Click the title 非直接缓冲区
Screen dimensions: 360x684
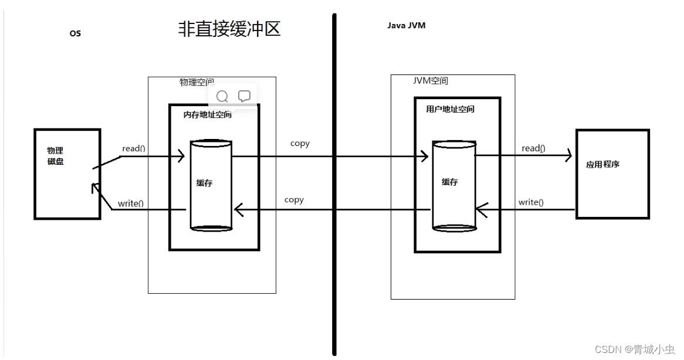pos(229,29)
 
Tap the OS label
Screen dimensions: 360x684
pos(75,34)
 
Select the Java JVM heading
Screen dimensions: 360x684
pos(407,26)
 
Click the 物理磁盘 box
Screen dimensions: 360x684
pos(67,174)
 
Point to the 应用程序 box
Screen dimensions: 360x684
pos(612,174)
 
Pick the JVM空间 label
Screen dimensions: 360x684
pos(431,81)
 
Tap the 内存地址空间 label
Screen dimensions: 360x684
pos(208,115)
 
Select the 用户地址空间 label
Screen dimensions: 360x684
pos(450,109)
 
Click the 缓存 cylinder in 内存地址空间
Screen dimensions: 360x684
pos(211,185)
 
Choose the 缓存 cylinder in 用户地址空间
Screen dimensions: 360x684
pos(453,185)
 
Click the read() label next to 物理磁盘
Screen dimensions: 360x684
pos(134,148)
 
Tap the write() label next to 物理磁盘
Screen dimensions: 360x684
pos(131,203)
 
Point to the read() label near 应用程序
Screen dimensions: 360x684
pos(533,148)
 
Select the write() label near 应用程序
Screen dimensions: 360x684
pos(531,202)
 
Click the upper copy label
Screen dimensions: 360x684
pos(300,143)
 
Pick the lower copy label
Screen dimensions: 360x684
pos(294,200)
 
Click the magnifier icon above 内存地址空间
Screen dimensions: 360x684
pos(222,96)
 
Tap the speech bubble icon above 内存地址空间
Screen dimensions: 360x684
pos(244,96)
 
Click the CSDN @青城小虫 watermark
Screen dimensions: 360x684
pos(635,349)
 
